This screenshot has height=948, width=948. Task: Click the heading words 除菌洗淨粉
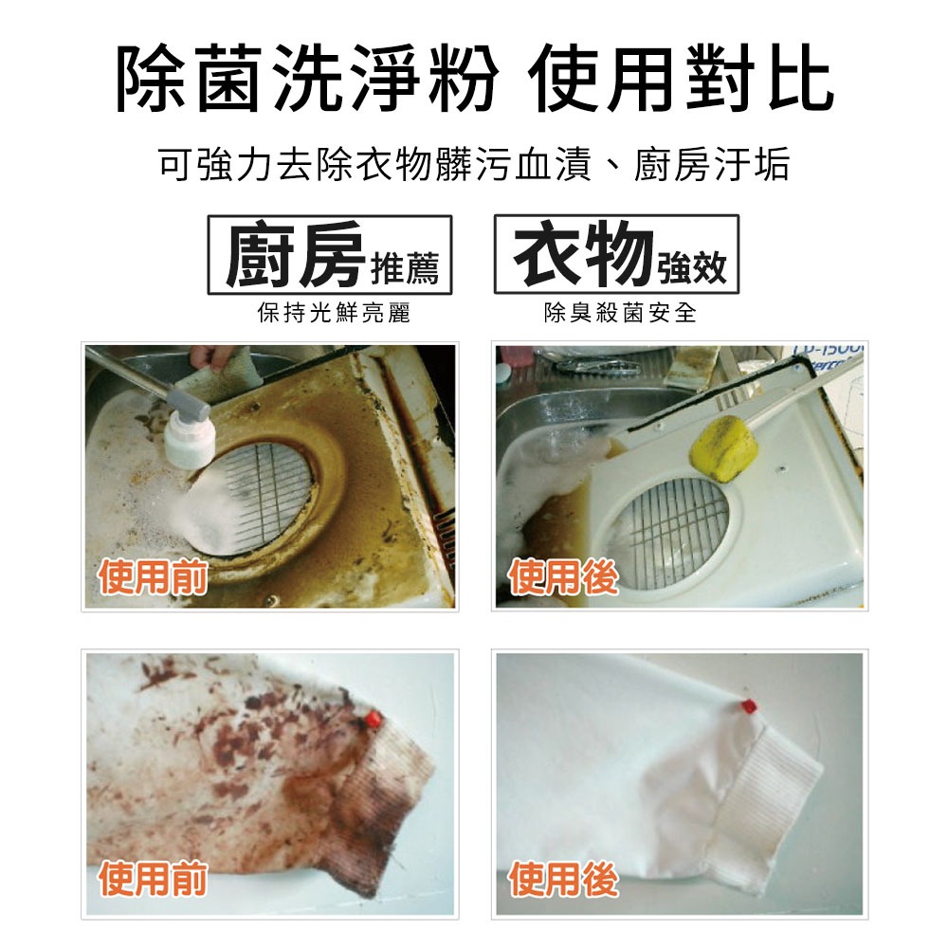point(306,79)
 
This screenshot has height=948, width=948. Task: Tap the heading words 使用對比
point(682,79)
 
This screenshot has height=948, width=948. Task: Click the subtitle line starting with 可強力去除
point(474,164)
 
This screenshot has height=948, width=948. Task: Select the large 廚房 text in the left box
point(295,254)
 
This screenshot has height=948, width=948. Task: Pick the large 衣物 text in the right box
point(583,253)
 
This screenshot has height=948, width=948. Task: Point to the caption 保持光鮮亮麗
point(334,313)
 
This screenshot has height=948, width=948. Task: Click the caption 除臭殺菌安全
point(620,313)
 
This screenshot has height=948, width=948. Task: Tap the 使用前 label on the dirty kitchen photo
point(153,576)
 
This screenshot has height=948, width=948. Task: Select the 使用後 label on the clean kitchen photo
point(563,576)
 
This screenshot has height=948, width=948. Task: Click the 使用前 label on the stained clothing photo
point(153,879)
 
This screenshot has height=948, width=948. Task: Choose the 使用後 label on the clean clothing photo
point(563,879)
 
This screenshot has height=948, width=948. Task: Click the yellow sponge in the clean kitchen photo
point(724,448)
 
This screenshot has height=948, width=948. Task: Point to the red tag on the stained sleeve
point(374,719)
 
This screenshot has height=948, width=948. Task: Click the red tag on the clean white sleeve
point(749,706)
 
